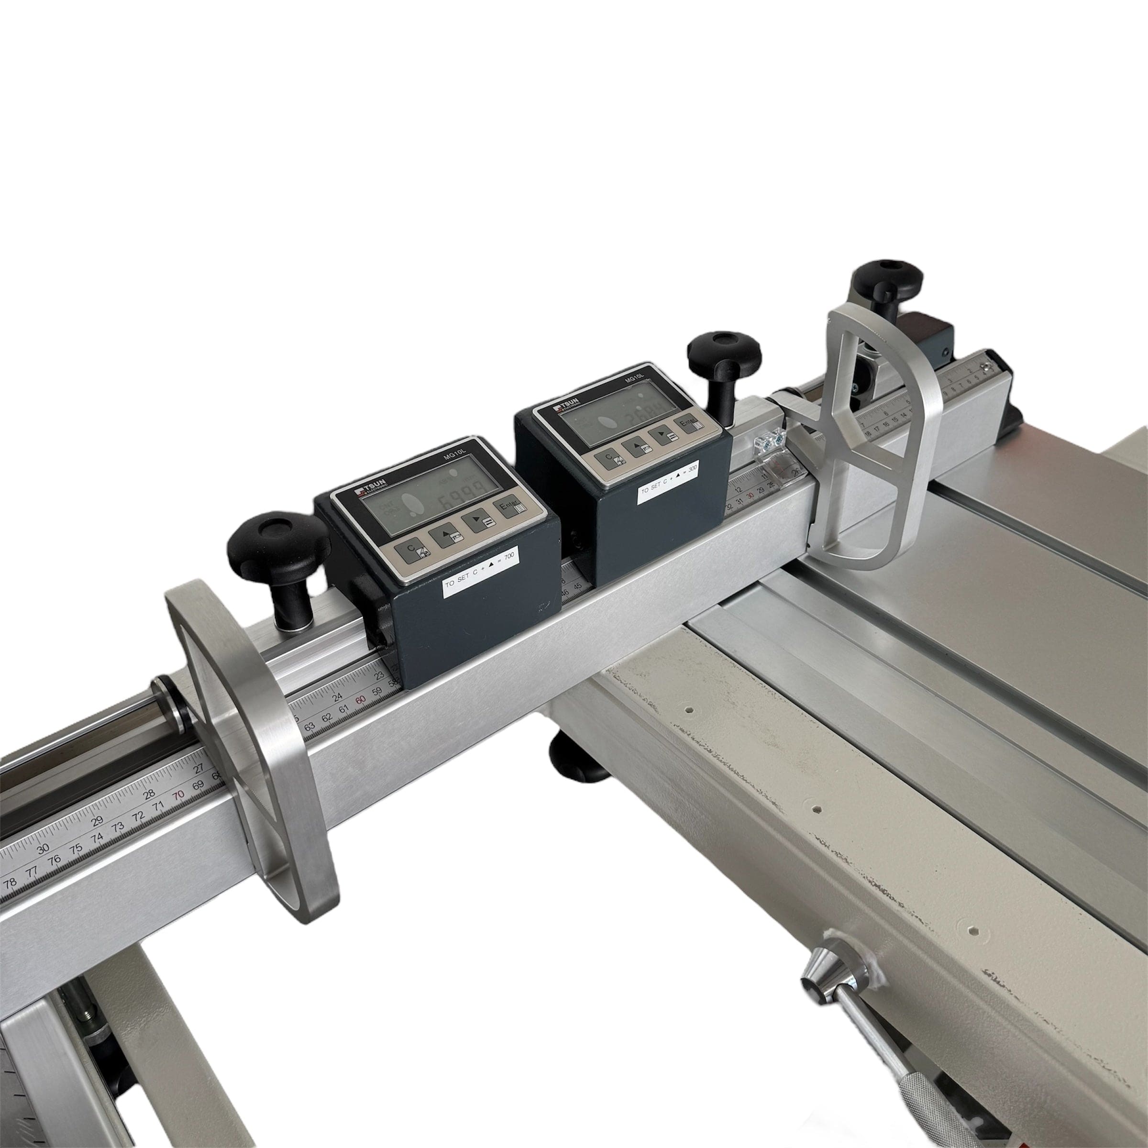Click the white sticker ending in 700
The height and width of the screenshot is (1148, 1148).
pos(481,573)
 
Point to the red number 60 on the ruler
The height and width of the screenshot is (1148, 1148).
pos(360,700)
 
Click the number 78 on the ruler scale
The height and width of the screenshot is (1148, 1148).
pos(10,883)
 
